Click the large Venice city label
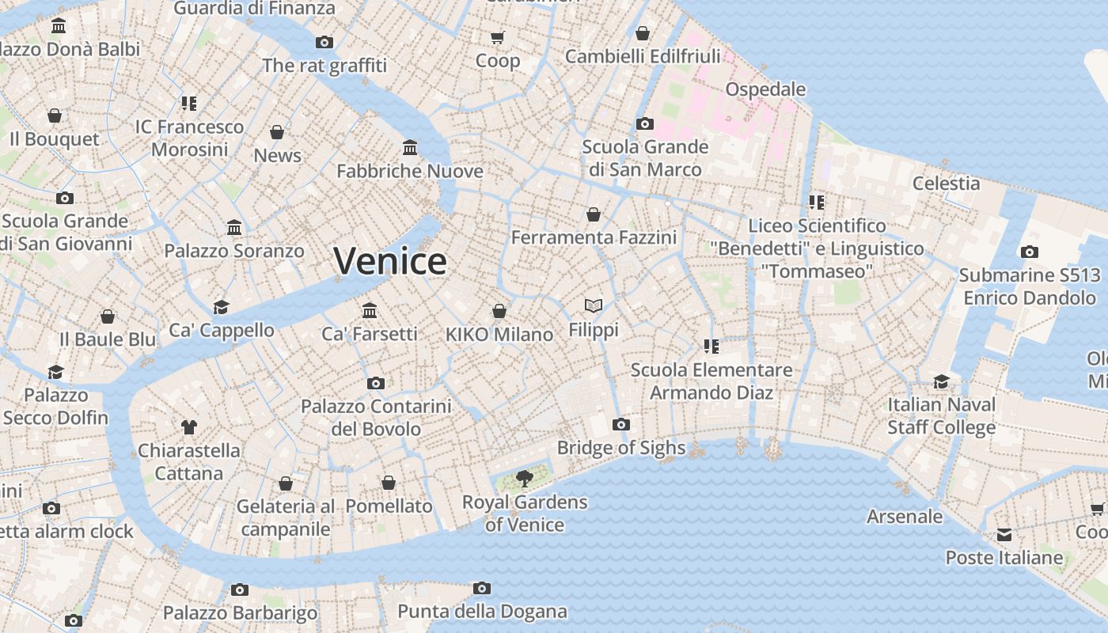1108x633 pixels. pyautogui.click(x=390, y=261)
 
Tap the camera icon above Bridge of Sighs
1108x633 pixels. pyautogui.click(x=621, y=425)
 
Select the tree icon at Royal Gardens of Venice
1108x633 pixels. pyautogui.click(x=524, y=478)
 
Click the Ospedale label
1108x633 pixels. pyautogui.click(x=765, y=89)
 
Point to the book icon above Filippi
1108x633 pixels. pyautogui.click(x=594, y=305)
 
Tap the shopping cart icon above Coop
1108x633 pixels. pyautogui.click(x=498, y=37)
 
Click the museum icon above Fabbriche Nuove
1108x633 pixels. pyautogui.click(x=410, y=148)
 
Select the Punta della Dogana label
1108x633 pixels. pyautogui.click(x=482, y=612)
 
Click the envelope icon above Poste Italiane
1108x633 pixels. pyautogui.click(x=1004, y=535)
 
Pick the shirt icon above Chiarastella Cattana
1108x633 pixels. pyautogui.click(x=188, y=427)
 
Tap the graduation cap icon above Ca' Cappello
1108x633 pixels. pyautogui.click(x=221, y=307)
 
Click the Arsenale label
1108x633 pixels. pyautogui.click(x=905, y=517)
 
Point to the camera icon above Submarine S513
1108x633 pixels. pyautogui.click(x=1030, y=252)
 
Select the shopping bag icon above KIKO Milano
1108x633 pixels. pyautogui.click(x=499, y=311)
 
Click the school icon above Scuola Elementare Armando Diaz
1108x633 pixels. pyautogui.click(x=711, y=347)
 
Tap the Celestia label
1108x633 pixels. pyautogui.click(x=946, y=184)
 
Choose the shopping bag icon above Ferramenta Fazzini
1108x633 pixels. pyautogui.click(x=594, y=214)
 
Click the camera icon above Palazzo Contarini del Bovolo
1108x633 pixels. pyautogui.click(x=376, y=384)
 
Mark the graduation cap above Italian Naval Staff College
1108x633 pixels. pyautogui.click(x=941, y=381)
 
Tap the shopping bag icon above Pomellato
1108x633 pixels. pyautogui.click(x=389, y=483)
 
